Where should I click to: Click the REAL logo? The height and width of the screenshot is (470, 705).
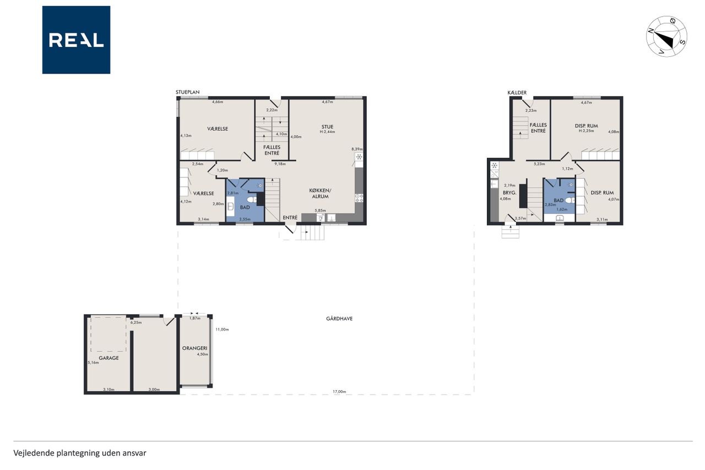click(x=76, y=40)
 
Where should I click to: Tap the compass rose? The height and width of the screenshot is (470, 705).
click(x=666, y=36)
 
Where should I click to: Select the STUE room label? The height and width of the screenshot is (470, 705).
click(x=327, y=127)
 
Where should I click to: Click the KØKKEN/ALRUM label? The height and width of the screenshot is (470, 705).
click(x=320, y=193)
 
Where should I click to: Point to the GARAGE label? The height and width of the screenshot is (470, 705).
click(x=109, y=358)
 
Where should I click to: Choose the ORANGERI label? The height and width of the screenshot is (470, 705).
click(x=195, y=348)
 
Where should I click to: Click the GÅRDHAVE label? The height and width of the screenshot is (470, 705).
click(x=339, y=318)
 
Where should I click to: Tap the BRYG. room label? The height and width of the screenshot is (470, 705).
click(x=509, y=193)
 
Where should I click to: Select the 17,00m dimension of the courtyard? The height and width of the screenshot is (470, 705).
click(x=339, y=392)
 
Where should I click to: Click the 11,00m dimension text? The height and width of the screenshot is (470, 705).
click(x=222, y=329)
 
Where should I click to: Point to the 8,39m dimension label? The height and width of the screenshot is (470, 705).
click(x=357, y=149)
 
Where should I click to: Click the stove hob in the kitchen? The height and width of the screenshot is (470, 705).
click(x=359, y=198)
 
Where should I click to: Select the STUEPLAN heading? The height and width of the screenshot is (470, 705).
click(x=188, y=92)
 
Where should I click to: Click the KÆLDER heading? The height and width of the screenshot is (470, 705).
click(x=517, y=93)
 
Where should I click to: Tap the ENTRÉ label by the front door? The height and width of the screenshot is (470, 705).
click(x=290, y=218)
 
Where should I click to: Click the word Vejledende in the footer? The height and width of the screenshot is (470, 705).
click(x=34, y=453)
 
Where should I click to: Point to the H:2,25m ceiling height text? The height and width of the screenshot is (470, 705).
click(x=587, y=131)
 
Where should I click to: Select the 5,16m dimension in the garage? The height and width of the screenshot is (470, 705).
click(x=93, y=363)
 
